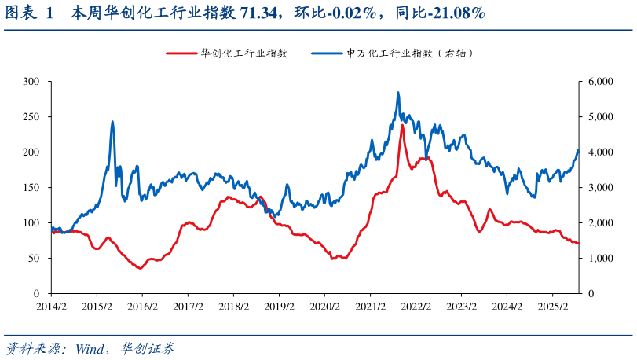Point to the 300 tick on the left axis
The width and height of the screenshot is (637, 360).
point(31,81)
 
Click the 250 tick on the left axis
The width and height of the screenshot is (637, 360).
point(31,116)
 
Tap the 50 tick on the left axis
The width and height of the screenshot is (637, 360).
point(35,258)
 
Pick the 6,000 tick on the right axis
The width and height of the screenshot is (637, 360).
point(601,81)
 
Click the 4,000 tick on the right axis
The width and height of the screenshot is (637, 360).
point(601,152)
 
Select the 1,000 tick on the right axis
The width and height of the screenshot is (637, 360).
point(601,258)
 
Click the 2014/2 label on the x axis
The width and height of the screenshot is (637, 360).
point(51,307)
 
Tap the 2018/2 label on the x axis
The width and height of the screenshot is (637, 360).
point(234,307)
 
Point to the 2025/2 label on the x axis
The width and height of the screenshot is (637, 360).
point(553,307)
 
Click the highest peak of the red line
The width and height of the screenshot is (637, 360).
point(403,125)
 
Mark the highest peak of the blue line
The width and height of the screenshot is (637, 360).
point(398,92)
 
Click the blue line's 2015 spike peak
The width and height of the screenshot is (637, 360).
point(112,122)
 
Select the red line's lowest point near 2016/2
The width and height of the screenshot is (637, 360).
point(140,269)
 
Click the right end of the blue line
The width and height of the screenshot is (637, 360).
point(579,151)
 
